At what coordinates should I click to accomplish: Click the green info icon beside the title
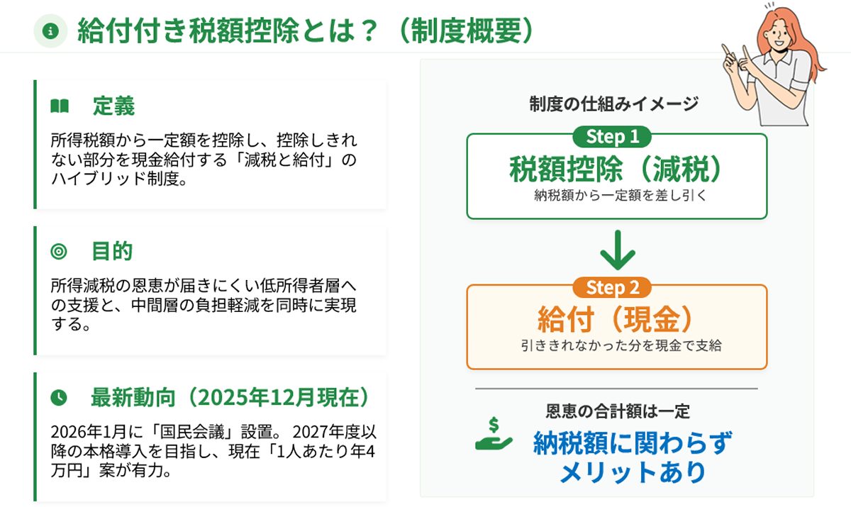click(50, 31)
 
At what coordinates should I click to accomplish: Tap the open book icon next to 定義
click(59, 107)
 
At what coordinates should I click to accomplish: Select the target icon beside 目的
click(59, 252)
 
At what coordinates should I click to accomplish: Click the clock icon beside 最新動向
click(59, 398)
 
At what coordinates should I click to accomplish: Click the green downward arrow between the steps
click(616, 250)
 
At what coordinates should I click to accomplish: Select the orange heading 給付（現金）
click(616, 321)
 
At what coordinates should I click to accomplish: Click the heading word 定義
click(113, 107)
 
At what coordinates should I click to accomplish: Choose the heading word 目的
click(112, 252)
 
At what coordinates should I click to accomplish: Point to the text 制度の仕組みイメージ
click(613, 104)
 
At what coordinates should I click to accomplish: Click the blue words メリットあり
click(632, 472)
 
